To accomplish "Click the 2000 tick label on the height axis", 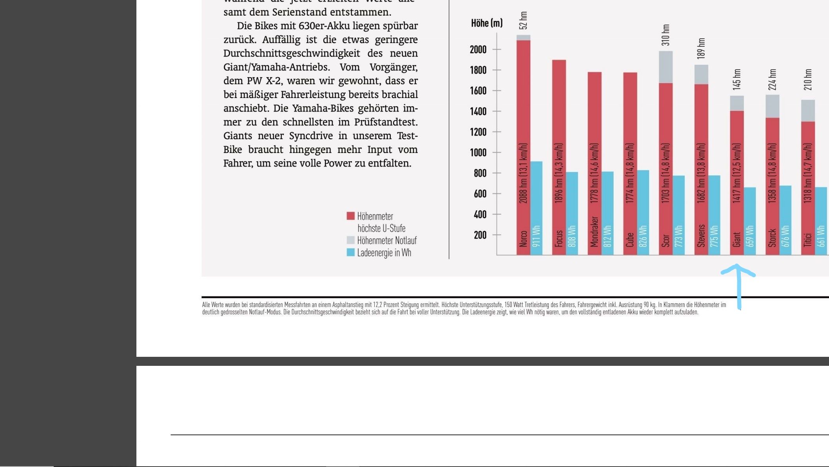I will (x=478, y=50).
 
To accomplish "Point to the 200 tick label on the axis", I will (x=480, y=235).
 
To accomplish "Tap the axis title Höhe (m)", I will (x=486, y=23).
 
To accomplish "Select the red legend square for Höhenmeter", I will (x=350, y=216).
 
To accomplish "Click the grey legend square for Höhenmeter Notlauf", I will (x=350, y=240).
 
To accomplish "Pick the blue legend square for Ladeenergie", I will (x=350, y=252).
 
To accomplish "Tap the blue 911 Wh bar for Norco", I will (x=536, y=208).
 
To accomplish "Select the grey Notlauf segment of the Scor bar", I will (x=666, y=67).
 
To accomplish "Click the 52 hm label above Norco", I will (x=523, y=20).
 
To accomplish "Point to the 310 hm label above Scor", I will (x=666, y=35).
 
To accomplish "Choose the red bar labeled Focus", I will (x=559, y=157).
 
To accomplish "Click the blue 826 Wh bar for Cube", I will (x=643, y=212).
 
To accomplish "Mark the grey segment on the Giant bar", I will (x=736, y=103).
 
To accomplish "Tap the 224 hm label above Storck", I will (x=772, y=80).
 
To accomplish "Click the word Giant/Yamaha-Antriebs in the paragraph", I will (x=276, y=67).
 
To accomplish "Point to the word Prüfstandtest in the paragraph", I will (x=386, y=122).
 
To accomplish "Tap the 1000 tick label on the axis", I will (x=478, y=153).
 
